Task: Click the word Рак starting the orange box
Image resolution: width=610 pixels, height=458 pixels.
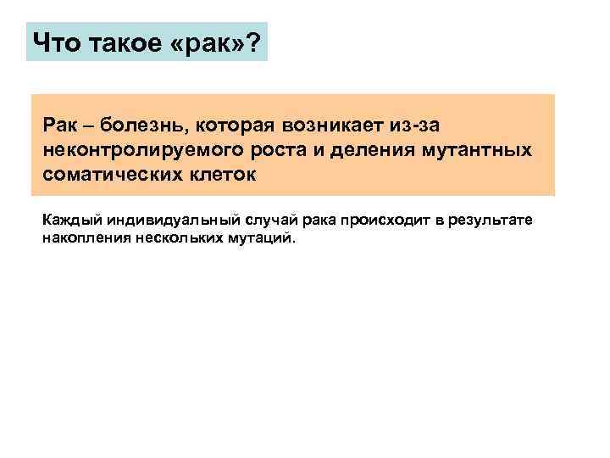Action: (x=59, y=126)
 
